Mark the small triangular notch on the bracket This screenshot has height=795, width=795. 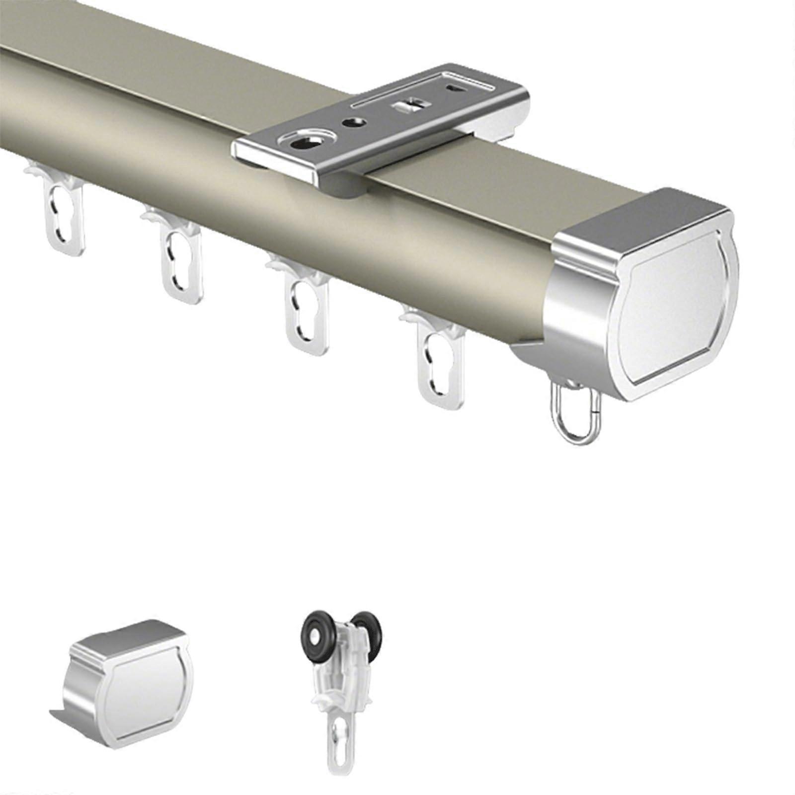tap(455, 88)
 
